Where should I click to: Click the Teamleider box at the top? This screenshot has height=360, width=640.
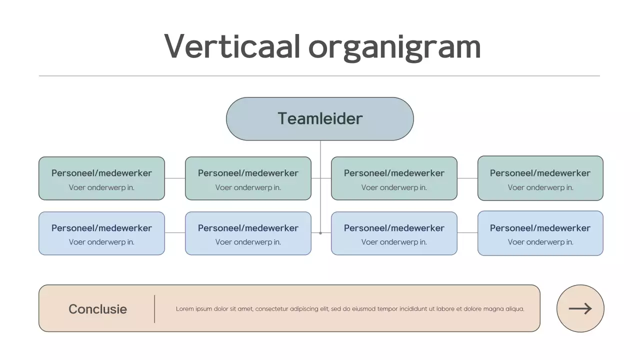pos(320,119)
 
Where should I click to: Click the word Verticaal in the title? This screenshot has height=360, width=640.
pos(232,46)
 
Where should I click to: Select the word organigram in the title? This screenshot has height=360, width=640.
pos(394,47)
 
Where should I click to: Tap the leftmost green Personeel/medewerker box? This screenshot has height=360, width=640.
pos(101,178)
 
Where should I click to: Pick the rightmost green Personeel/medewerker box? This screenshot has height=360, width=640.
pos(540,178)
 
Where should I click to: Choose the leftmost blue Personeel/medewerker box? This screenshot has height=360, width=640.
pos(101,233)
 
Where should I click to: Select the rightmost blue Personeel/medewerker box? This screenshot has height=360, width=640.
pos(540,233)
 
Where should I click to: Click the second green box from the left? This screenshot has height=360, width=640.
pos(248,178)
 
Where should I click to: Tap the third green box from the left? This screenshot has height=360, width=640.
pos(394,178)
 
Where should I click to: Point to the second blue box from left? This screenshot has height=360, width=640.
pos(248,233)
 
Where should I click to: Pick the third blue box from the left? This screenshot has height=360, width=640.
pos(394,233)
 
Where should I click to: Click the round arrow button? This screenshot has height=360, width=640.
pos(580,308)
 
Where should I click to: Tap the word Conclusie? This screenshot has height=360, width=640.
pos(97,309)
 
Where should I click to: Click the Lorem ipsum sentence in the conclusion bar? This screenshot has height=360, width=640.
pos(350,309)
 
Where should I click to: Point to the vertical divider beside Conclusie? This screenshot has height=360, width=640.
pos(154,308)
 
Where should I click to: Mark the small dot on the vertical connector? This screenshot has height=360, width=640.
pos(320,233)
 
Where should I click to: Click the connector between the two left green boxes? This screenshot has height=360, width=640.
pos(175,178)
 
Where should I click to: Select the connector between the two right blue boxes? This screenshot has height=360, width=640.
pos(467,233)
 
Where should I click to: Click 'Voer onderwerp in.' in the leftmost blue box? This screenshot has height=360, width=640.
pos(101,242)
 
